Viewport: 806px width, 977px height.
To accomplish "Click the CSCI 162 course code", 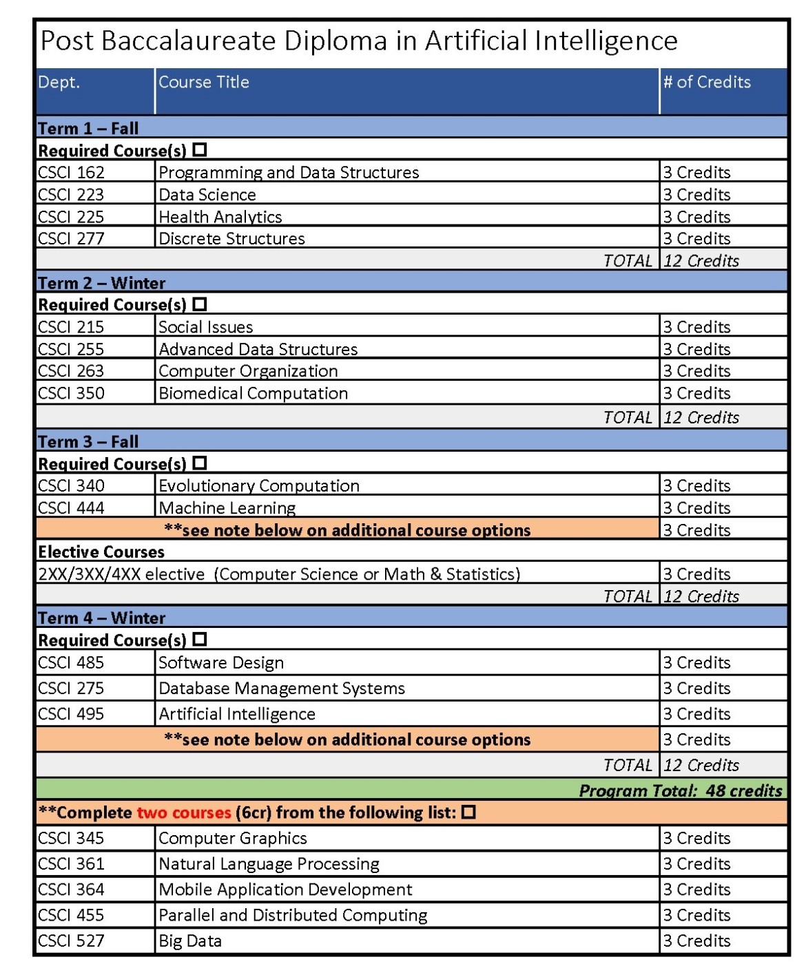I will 72,172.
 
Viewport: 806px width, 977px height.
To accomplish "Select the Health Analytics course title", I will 220,217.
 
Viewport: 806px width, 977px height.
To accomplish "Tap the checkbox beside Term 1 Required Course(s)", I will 200,149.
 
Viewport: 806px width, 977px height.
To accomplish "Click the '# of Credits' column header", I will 707,82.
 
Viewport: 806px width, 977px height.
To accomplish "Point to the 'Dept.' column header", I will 59,82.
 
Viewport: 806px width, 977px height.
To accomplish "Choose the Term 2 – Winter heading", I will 102,283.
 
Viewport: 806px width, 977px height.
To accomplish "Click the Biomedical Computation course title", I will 254,393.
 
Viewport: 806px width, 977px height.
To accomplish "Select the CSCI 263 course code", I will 72,371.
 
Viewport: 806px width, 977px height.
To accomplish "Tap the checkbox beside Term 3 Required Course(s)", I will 200,463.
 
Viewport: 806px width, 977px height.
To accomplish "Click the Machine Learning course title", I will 227,508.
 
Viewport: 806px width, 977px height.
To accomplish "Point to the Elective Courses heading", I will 101,551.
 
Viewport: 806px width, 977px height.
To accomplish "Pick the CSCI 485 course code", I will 72,662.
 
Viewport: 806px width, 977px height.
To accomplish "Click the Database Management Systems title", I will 282,689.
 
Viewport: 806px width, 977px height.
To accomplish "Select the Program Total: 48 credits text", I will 680,790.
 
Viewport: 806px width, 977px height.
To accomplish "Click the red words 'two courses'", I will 184,812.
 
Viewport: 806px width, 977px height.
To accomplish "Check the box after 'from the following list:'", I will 469,812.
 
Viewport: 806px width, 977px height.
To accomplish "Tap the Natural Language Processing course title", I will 269,864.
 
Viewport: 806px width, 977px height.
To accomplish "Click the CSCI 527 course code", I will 72,941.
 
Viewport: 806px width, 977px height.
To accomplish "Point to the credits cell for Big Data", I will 696,941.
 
